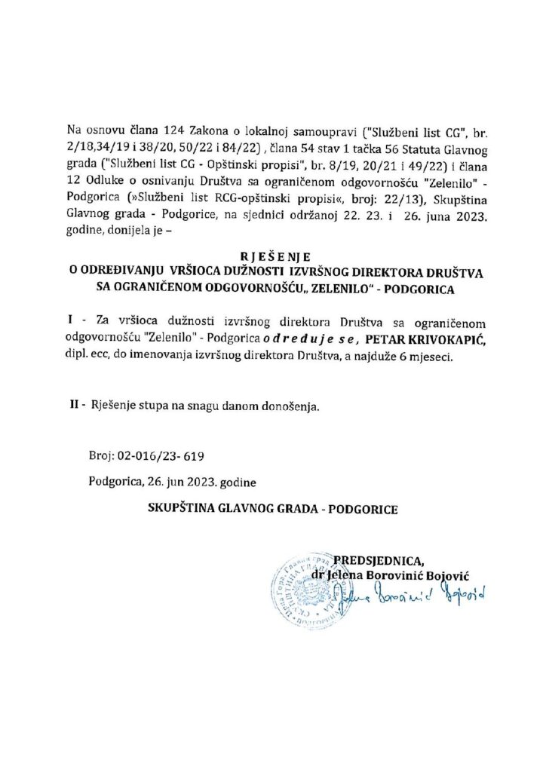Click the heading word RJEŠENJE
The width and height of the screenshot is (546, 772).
click(273, 255)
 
